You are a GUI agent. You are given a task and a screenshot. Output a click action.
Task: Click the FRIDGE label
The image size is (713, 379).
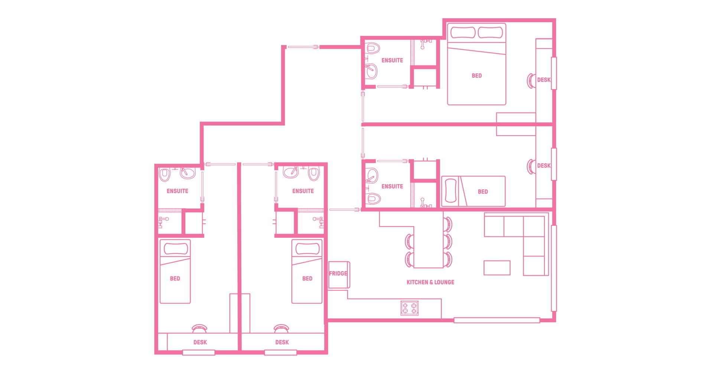coord(338,273)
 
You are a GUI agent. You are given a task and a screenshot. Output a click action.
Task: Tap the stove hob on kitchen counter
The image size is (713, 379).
coord(410,308)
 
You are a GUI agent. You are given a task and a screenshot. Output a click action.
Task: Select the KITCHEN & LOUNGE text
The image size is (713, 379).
coord(430,282)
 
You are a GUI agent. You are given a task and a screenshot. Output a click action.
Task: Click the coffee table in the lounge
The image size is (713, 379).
coord(497,268)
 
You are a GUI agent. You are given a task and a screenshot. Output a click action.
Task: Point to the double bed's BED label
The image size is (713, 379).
coord(476,76)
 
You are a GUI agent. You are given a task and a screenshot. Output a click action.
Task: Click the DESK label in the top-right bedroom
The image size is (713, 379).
coord(544,80)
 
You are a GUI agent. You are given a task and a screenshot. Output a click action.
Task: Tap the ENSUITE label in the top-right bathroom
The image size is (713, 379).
coord(392,60)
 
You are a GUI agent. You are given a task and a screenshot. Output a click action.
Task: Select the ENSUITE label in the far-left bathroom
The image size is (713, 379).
coord(177,191)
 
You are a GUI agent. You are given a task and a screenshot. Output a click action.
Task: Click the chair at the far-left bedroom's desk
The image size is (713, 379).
coord(199,329)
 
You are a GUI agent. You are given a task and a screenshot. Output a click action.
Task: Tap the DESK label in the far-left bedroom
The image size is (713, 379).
coord(200,342)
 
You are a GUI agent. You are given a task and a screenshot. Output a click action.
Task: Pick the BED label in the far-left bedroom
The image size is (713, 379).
coord(175,279)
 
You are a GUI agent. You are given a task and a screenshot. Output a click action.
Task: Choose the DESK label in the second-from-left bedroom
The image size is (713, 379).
coord(282,342)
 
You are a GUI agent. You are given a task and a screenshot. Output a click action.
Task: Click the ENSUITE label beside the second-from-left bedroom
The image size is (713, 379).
coord(303,191)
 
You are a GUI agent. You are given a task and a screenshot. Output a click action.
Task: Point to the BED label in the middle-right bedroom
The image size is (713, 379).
coord(483,192)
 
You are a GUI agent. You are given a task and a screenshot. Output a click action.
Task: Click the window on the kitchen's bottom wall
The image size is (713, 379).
coord(497,320)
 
